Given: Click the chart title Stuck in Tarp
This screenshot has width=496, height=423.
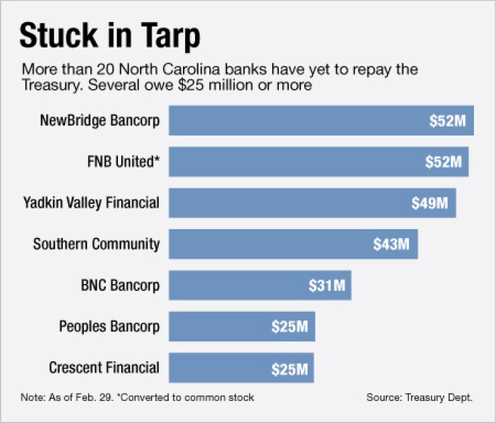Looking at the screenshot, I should [110, 36].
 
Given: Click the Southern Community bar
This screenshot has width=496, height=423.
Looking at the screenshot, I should [268, 244].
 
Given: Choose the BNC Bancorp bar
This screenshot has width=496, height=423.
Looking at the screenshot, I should [235, 286].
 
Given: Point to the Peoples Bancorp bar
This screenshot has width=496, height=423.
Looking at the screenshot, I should [214, 326].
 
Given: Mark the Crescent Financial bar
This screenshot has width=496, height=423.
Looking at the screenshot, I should [214, 367].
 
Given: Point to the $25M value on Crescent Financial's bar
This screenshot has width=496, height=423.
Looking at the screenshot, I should [290, 368].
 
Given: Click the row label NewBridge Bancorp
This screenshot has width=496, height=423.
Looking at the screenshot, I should [100, 121].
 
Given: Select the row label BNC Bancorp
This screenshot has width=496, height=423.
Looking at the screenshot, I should [121, 286].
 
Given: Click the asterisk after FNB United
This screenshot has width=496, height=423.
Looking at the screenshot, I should [157, 158].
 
